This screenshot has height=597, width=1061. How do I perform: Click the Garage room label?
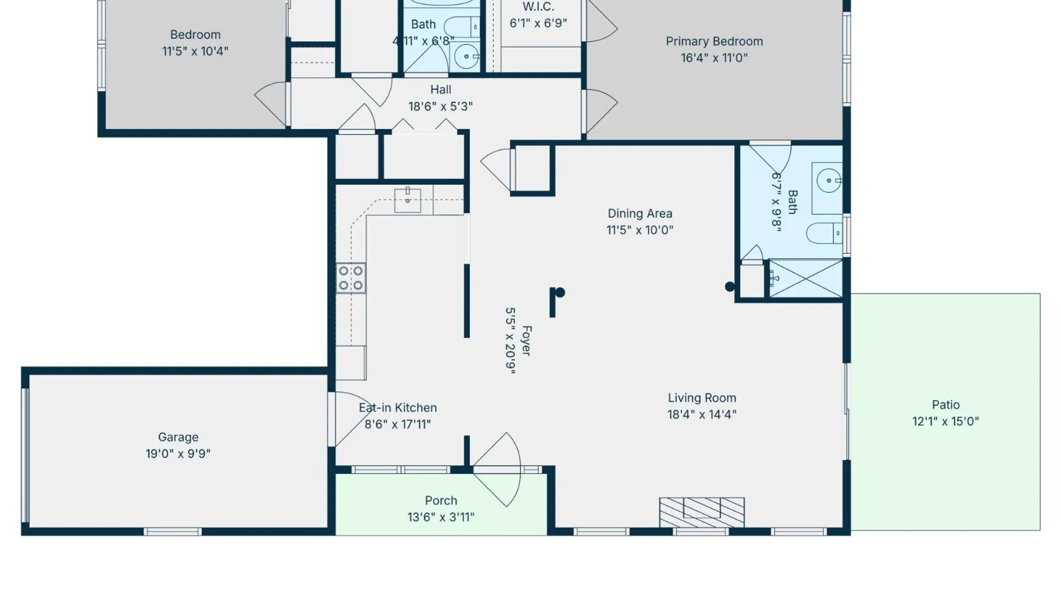tap(178, 437)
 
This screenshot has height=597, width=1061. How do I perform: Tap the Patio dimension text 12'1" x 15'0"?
tap(946, 421)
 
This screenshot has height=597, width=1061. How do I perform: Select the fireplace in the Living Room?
tap(702, 512)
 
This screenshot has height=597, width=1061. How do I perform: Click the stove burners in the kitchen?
tap(351, 278)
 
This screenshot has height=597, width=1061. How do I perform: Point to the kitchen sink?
tap(407, 200)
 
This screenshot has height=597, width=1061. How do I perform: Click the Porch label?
tap(441, 501)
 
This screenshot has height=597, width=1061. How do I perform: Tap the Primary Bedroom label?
tap(714, 41)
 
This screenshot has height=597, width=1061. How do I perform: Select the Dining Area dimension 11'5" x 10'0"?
tap(640, 230)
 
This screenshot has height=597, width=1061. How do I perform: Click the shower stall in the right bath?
tap(806, 279)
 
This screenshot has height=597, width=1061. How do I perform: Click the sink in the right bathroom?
tap(829, 181)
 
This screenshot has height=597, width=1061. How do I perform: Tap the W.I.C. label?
tap(538, 7)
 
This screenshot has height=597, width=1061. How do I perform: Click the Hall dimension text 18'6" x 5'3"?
tap(440, 106)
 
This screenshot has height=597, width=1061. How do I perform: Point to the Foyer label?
tap(527, 341)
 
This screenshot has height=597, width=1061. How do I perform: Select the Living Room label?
tap(702, 398)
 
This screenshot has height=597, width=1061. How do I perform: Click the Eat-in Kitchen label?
tap(398, 408)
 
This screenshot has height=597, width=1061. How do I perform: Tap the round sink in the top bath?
tap(467, 56)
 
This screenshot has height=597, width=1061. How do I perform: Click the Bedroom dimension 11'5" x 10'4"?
tap(195, 51)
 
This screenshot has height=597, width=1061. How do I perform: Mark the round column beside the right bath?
tap(729, 286)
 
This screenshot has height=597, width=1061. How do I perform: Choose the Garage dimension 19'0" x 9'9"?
tap(178, 454)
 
